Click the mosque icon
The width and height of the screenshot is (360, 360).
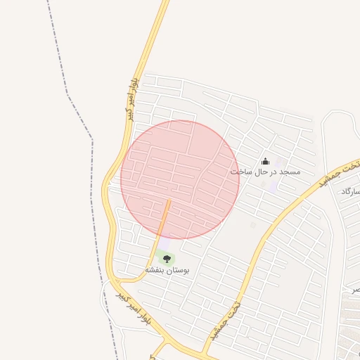[265, 161]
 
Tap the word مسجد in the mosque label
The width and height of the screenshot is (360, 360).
[288, 172]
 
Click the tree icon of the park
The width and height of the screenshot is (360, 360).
[167, 259]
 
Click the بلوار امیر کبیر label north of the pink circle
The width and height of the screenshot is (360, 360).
[132, 98]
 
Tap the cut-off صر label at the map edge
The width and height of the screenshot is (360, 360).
[356, 289]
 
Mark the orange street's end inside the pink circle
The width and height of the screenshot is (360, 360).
[169, 201]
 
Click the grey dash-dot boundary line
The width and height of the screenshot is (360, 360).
[91, 176]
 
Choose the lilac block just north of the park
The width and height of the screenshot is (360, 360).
[165, 243]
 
